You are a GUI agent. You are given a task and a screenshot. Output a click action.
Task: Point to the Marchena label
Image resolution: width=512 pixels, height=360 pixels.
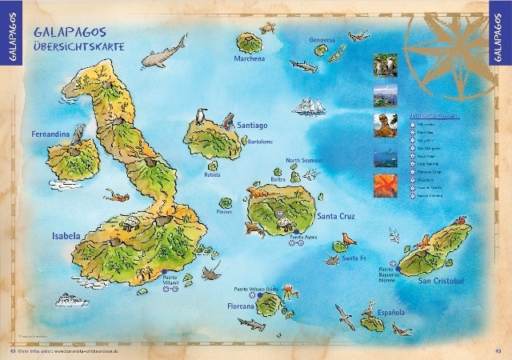250,59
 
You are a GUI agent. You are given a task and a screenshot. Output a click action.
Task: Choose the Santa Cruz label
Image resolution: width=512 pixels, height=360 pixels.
338,216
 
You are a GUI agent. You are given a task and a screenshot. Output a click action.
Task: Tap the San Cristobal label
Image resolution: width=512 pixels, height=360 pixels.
441,281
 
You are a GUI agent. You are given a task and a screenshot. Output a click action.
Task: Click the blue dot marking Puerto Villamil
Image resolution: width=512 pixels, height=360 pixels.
164,272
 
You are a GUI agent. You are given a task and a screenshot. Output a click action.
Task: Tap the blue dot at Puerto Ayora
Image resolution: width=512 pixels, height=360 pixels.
296,232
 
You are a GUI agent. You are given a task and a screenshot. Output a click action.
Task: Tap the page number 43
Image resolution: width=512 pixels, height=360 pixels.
495,350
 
